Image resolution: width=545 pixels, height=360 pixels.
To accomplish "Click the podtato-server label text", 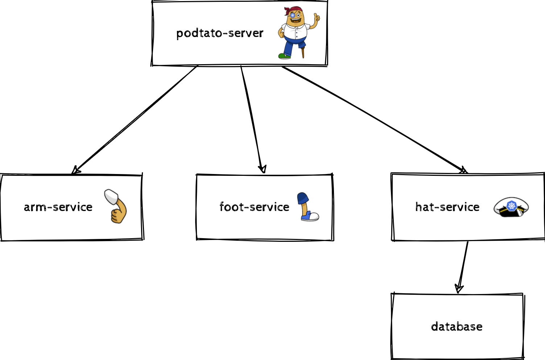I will coord(219,33).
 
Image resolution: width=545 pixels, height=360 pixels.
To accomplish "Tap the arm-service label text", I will coord(58,207).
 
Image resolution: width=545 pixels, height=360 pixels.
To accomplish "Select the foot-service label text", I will coord(254,207).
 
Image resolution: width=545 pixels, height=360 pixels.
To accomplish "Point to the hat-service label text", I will coord(447,207).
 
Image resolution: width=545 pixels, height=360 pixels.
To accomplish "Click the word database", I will coord(457,327).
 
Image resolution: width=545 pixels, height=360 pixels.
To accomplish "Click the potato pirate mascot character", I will coord(297,33).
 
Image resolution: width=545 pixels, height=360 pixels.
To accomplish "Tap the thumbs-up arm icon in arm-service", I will coord(116,206).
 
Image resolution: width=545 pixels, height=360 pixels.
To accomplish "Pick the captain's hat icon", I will coord(511,207).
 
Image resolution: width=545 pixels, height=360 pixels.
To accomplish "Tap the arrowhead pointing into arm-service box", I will coord(75,170).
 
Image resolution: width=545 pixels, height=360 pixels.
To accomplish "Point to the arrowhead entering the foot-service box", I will coord(262,169).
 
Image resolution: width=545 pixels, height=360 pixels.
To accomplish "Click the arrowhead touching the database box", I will coord(459,289).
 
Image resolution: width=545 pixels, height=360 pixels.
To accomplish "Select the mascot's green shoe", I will coord(284,56).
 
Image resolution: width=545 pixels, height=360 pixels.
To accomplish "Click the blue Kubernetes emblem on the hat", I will coord(512,205).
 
